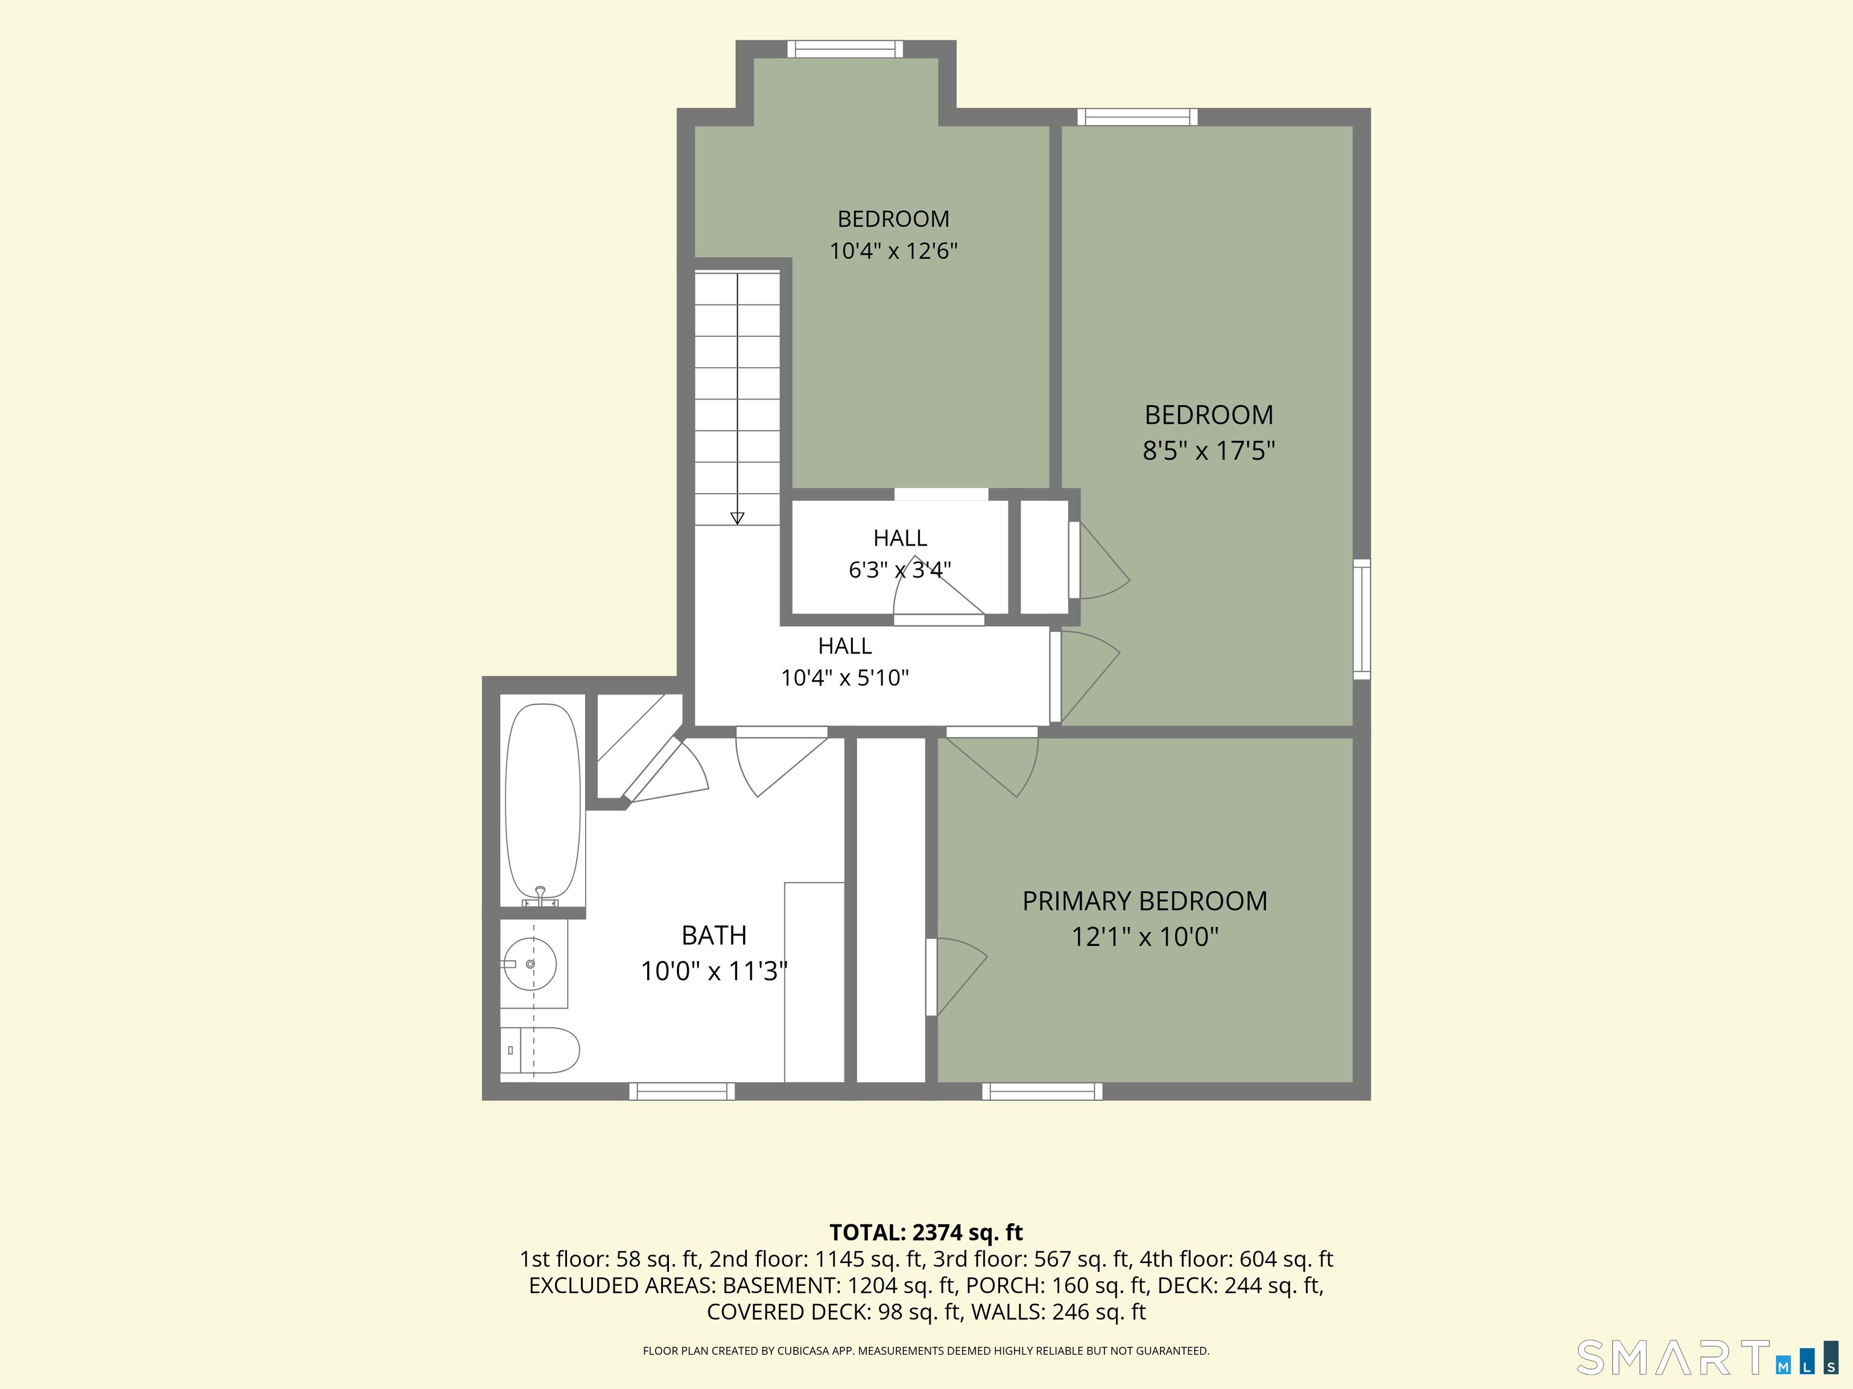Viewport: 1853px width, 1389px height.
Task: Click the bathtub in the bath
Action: [x=543, y=802]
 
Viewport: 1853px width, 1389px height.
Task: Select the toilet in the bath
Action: [x=540, y=1050]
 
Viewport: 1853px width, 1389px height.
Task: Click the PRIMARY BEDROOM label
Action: [x=1144, y=901]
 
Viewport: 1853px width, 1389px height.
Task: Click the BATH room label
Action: [x=714, y=935]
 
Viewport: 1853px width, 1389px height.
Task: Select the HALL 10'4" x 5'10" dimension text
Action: [x=845, y=678]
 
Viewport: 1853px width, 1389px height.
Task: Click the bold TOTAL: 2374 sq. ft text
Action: [x=926, y=1232]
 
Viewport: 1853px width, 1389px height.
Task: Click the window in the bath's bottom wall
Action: [x=682, y=1091]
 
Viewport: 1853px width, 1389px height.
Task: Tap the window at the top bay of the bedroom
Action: [x=845, y=49]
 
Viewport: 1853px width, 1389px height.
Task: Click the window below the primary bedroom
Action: [x=1042, y=1091]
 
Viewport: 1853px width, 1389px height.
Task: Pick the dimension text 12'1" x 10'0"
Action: [x=1145, y=937]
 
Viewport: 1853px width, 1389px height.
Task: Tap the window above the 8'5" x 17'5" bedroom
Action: [x=1137, y=116]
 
